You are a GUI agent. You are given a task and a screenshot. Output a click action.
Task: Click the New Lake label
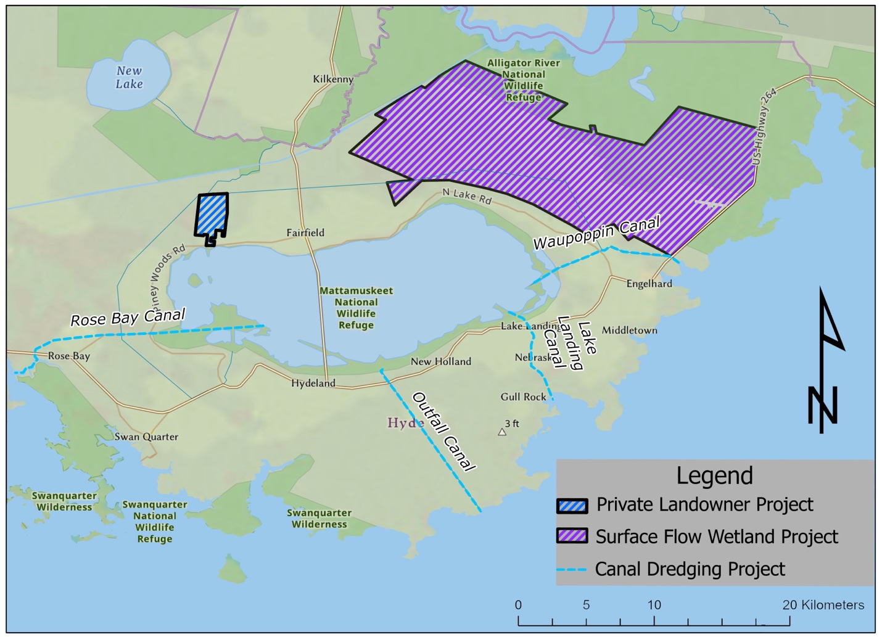coord(130,78)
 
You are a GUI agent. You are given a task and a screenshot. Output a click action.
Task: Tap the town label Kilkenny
coord(333,79)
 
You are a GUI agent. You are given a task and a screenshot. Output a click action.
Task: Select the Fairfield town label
coord(305,232)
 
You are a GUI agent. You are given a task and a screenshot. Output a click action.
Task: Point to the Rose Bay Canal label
coord(128,318)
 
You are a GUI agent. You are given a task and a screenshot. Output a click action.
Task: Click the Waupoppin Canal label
coord(596,232)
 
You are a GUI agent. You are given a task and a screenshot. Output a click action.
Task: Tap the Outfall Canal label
coord(443,431)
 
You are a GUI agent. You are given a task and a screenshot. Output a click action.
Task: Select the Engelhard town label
coord(649,284)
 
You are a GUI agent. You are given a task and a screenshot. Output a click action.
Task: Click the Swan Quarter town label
coord(146,437)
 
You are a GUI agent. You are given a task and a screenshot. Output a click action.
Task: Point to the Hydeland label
coord(313,383)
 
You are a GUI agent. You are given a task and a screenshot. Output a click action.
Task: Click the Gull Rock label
coord(523,397)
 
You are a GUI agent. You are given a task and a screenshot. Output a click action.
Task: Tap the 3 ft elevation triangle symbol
coord(502,432)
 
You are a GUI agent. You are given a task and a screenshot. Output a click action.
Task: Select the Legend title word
coord(714,475)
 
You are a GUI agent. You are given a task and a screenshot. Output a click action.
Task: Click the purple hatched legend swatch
coord(572,536)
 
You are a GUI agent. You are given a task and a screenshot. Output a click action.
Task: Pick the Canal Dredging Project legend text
coord(690,569)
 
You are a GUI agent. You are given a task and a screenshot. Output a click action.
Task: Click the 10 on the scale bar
coord(654,605)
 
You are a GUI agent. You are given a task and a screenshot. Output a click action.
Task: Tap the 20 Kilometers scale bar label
coord(823,605)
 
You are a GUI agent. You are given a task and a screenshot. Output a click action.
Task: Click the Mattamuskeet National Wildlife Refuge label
coord(356,308)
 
